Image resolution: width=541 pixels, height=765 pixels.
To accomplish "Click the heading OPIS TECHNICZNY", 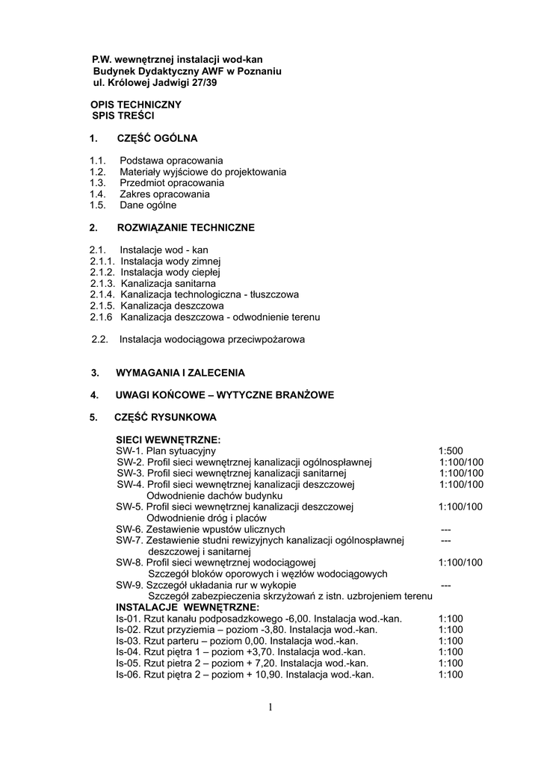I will coord(136,105).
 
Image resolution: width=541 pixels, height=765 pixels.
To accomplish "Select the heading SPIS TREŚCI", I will coord(123,117).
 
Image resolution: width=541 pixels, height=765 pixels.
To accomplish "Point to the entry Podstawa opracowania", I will coord(171,161).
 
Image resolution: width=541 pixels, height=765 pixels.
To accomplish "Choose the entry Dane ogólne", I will coord(148,205).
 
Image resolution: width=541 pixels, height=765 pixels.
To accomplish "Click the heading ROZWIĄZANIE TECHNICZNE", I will coord(186,227).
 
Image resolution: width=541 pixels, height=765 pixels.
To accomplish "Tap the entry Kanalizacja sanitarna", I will coord(168,284).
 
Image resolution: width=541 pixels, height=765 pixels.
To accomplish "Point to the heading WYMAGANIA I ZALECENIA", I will coord(180,372).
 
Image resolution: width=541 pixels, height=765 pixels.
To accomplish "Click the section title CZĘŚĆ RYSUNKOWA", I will coord(165,417).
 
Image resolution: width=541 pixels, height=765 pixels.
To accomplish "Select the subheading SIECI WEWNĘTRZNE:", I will coord(168,440).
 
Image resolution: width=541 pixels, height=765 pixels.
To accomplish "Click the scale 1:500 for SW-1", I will coord(451,451).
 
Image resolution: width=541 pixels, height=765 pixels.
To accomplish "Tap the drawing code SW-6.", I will coord(129,529).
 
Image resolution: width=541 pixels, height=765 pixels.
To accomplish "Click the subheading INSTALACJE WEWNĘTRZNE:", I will coord(188,607).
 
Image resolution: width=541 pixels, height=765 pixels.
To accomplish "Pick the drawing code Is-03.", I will coord(128,641).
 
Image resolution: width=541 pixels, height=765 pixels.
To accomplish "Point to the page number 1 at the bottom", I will coord(270,707).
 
